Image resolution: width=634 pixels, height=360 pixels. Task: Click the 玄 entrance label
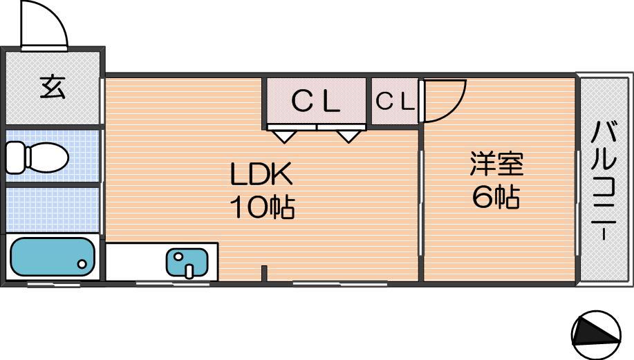coord(53,88)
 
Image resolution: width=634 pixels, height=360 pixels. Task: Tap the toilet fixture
coord(37,157)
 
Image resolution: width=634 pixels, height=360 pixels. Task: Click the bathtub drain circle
coord(82,264)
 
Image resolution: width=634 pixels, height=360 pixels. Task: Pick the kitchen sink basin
coord(187,263)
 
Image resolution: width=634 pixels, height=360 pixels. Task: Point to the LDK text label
coord(261,174)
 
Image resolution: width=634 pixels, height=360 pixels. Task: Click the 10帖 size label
coord(262,207)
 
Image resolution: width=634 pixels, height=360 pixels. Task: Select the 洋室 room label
coord(496,164)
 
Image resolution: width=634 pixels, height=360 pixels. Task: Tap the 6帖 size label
coord(496,197)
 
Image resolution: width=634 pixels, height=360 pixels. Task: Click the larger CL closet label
coord(316,101)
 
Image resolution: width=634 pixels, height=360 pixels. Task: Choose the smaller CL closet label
coord(395,101)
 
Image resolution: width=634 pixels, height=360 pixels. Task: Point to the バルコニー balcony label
coord(604,181)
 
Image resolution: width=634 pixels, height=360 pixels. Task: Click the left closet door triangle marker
coord(285,136)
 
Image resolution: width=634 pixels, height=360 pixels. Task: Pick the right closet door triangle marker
coord(348,136)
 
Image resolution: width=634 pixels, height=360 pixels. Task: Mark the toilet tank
coord(16,157)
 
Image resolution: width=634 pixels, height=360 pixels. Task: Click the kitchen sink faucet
coord(189,271)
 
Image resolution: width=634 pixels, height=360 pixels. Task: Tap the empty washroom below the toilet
coord(53,209)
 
